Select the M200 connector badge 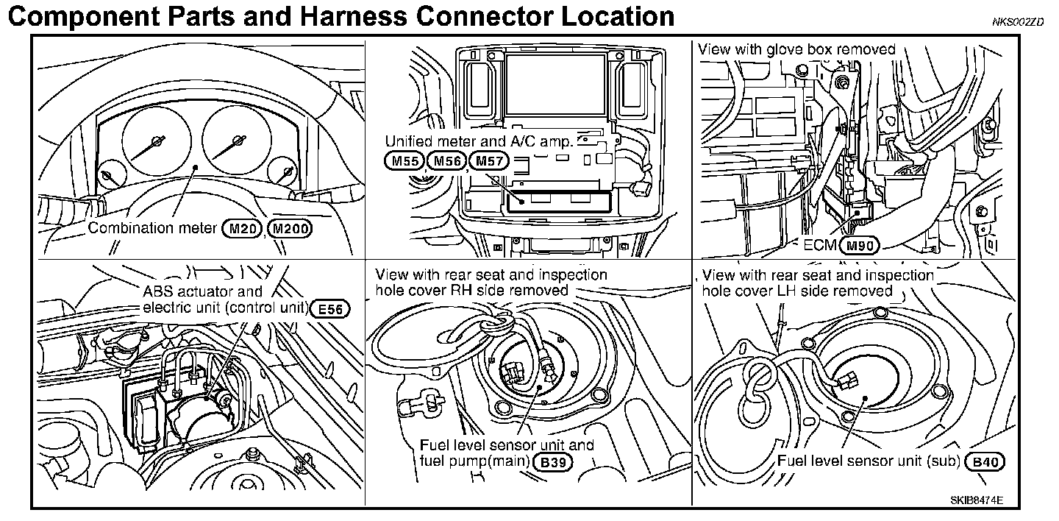click(x=290, y=228)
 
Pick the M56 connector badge click(x=446, y=161)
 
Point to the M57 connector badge click(x=488, y=161)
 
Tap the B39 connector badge click(x=555, y=462)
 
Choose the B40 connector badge click(x=985, y=462)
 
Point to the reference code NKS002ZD click(x=1017, y=22)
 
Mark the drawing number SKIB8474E click(x=976, y=500)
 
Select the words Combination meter click(x=152, y=228)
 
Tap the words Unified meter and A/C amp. click(x=479, y=141)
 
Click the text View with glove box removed click(x=796, y=50)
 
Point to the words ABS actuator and click(x=202, y=292)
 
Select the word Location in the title click(x=605, y=16)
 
